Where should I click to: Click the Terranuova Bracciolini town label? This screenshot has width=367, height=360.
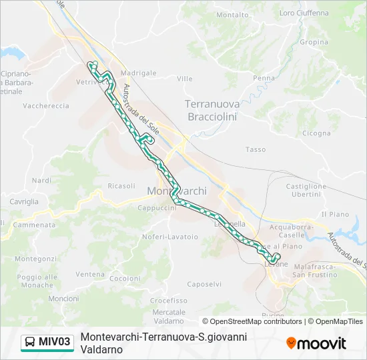[210, 110]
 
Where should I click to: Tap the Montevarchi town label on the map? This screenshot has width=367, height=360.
[176, 191]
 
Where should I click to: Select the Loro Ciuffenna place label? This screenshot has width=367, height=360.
[304, 13]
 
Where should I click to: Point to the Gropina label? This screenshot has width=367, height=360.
[314, 42]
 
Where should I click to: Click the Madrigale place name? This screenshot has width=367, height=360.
[138, 73]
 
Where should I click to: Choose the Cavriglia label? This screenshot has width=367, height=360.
[24, 201]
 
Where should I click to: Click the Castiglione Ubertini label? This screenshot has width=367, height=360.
[306, 190]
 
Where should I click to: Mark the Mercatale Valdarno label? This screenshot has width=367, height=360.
[168, 316]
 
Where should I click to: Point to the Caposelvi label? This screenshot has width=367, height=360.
[204, 284]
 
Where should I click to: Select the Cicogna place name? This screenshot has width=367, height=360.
[316, 133]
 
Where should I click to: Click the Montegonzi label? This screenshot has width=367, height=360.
[35, 259]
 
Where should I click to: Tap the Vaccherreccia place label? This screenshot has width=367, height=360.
[46, 106]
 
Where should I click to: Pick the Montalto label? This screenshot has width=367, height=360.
[233, 15]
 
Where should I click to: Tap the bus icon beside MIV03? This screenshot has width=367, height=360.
[31, 343]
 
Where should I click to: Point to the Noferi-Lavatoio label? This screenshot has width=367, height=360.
[169, 237]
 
